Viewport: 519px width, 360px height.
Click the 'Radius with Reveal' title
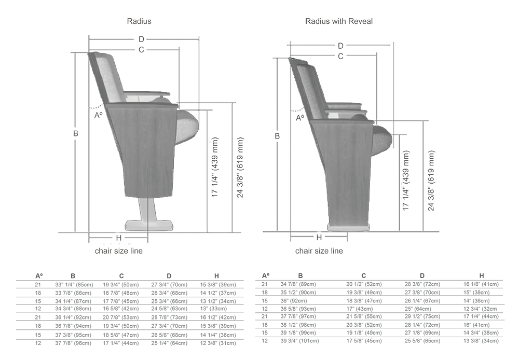click(x=338, y=21)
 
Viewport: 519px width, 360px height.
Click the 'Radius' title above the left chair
click(x=139, y=21)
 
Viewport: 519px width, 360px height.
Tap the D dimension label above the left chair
click(x=141, y=39)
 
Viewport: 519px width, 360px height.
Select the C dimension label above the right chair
click(x=340, y=57)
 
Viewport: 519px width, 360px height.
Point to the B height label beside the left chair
click(x=76, y=134)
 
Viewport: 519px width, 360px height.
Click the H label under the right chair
click(x=319, y=237)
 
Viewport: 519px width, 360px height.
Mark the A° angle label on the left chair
click(x=98, y=116)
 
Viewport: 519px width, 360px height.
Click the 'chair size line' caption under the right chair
click(x=319, y=251)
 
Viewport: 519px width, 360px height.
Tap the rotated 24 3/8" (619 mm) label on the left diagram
click(x=240, y=168)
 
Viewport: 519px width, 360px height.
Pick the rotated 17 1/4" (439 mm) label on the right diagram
click(x=406, y=181)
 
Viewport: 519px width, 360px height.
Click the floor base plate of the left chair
click(x=149, y=225)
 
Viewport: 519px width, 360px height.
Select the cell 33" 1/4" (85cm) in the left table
click(x=74, y=285)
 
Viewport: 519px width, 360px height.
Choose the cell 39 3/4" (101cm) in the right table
click(x=299, y=341)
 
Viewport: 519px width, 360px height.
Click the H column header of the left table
click(x=216, y=276)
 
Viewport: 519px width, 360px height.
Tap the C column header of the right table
click(x=363, y=275)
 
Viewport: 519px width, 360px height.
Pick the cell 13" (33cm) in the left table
click(x=213, y=309)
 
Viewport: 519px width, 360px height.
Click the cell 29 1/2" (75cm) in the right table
click(x=422, y=316)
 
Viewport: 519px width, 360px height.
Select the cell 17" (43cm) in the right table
click(x=360, y=309)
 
